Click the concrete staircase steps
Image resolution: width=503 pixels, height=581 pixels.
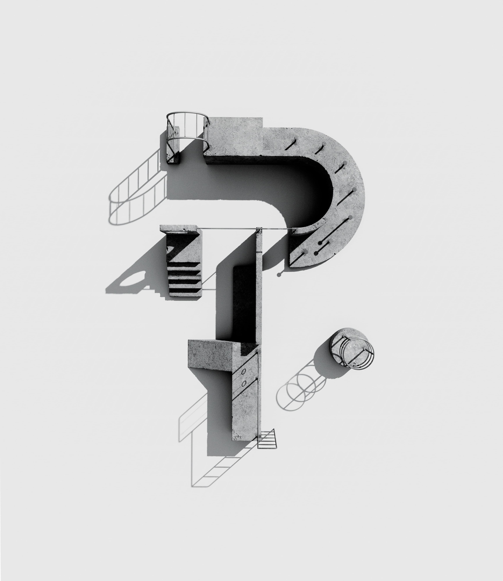point(185,278)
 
